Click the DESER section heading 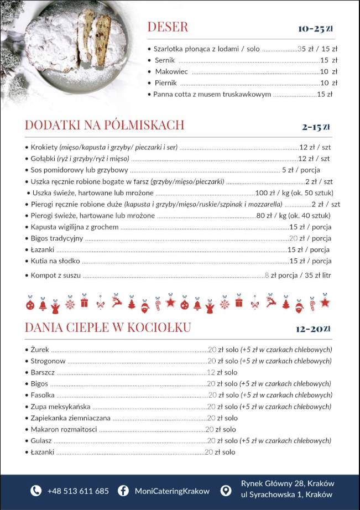point(168,27)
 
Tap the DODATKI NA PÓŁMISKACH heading point(105,125)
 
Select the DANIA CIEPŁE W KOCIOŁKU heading point(108,327)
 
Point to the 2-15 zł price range point(316,127)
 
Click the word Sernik point(165,60)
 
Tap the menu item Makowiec point(171,72)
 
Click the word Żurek point(40,350)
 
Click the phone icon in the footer point(36,491)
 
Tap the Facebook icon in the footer point(124,491)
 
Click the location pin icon point(226,491)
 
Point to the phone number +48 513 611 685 point(78,491)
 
